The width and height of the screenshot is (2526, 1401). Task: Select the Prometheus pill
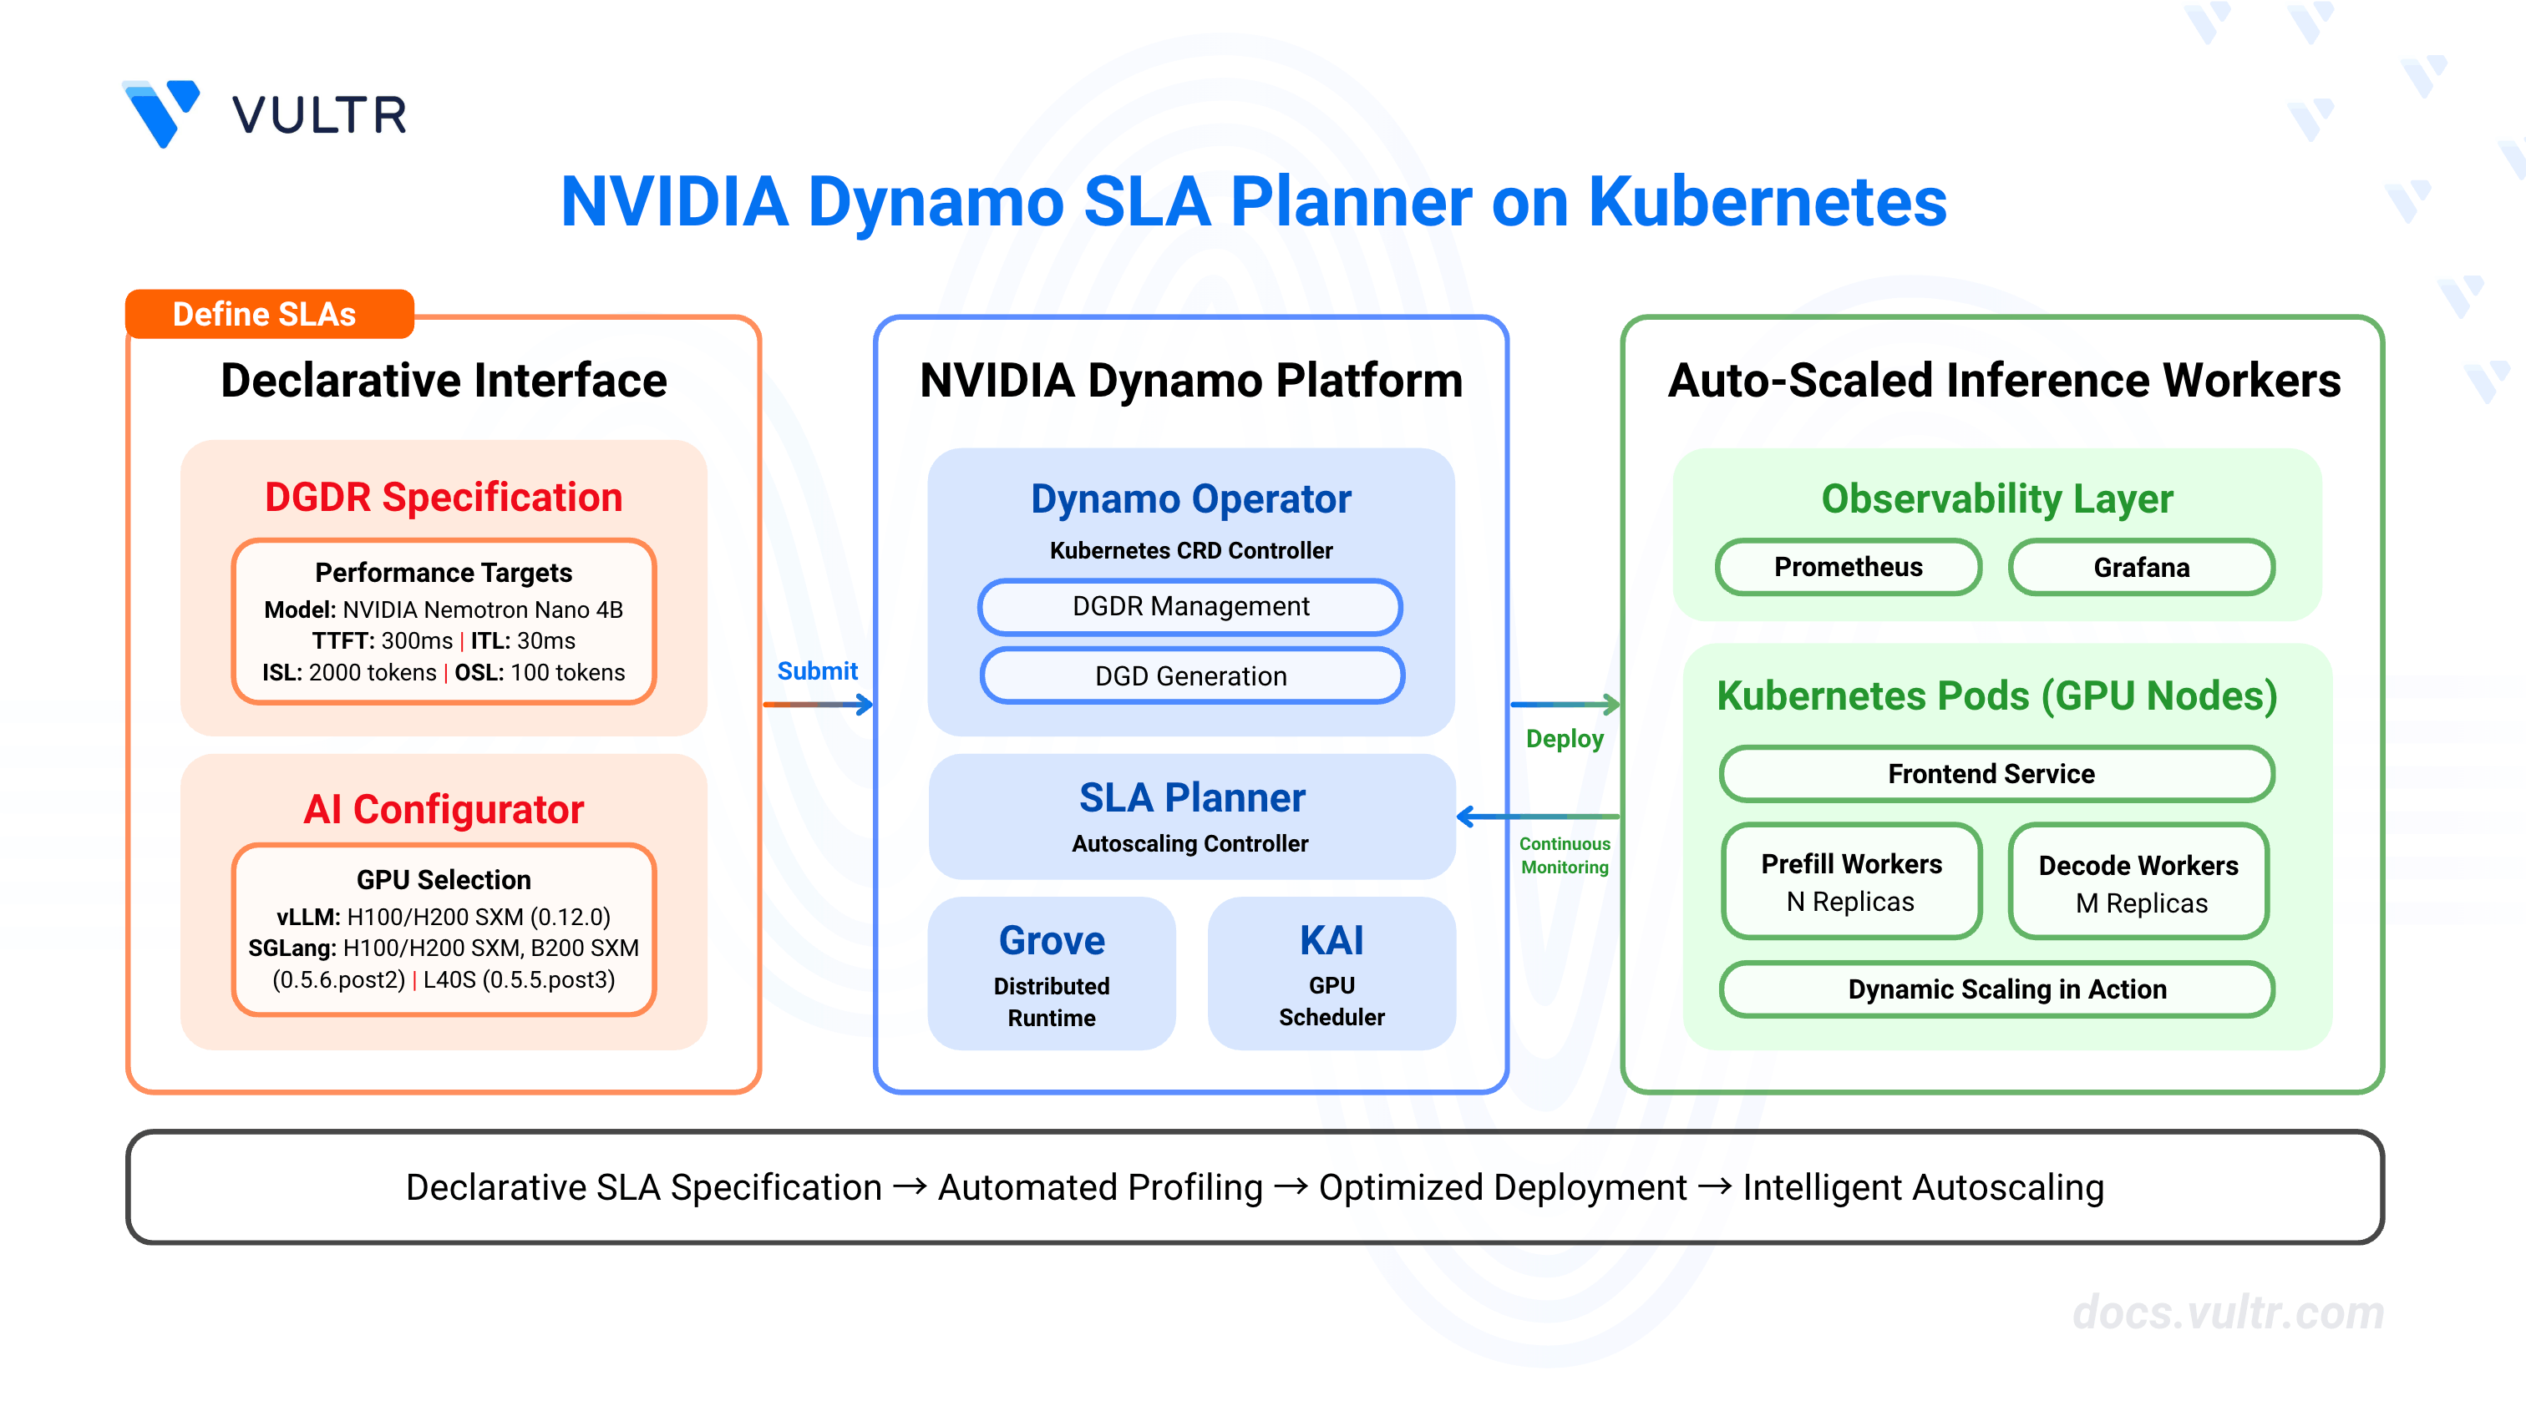click(x=1849, y=567)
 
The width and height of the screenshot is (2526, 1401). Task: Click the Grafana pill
click(x=2142, y=568)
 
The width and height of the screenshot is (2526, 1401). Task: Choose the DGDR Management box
click(x=1190, y=607)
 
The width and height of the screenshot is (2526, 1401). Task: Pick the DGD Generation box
click(x=1191, y=675)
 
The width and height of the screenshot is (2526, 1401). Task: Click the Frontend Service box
click(x=1996, y=773)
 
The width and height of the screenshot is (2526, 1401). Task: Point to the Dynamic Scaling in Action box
click(x=1996, y=989)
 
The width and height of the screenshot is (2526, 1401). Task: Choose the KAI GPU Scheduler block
click(x=1331, y=974)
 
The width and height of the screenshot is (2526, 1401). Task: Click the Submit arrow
click(x=818, y=704)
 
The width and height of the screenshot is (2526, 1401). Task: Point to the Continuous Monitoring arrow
click(x=1539, y=816)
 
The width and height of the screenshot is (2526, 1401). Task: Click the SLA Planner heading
click(x=1192, y=797)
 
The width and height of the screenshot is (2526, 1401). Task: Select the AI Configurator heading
click(x=444, y=809)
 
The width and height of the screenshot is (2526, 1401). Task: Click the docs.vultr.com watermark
click(x=2228, y=1312)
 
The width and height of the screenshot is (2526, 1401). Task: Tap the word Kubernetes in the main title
click(x=1767, y=201)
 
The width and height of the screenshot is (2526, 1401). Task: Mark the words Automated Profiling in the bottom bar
click(x=1100, y=1187)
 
